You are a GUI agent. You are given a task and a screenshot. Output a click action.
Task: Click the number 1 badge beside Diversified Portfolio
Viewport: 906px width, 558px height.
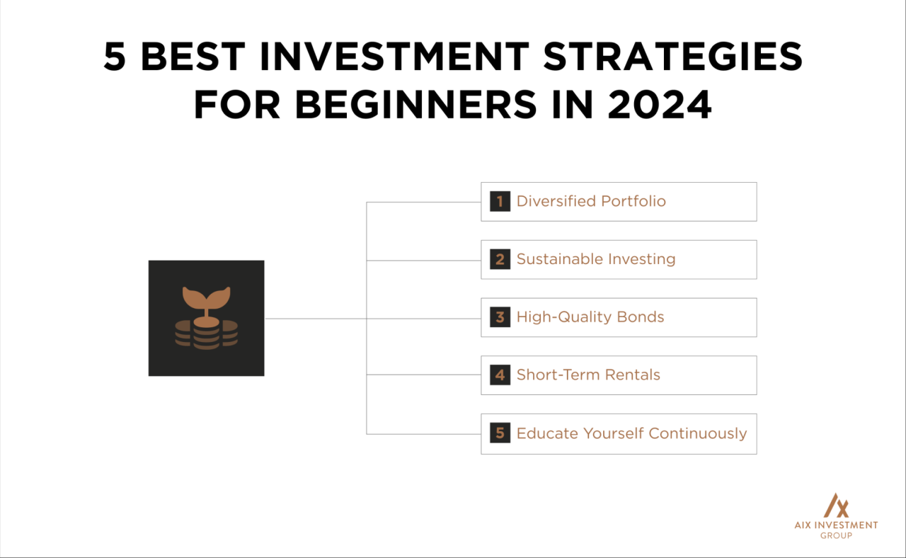[x=500, y=201]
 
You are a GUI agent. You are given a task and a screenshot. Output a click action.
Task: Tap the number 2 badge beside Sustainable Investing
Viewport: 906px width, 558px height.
[x=500, y=259]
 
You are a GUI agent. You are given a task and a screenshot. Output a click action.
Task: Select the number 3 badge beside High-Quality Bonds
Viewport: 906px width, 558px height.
[x=500, y=317]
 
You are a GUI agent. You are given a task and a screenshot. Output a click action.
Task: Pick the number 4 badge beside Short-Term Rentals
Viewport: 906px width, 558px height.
[x=500, y=375]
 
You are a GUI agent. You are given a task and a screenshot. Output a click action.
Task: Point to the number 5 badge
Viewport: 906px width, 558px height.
[x=500, y=433]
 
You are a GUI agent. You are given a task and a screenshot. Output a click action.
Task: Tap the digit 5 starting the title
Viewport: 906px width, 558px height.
[x=115, y=57]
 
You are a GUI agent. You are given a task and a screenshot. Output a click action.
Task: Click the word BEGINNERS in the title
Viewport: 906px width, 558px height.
[x=415, y=105]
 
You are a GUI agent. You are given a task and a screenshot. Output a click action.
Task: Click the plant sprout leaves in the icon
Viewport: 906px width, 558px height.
[x=206, y=297]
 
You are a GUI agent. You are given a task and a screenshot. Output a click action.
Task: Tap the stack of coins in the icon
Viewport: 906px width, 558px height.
[x=206, y=334]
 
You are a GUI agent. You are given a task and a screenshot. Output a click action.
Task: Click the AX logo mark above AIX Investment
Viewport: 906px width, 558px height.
[x=836, y=505]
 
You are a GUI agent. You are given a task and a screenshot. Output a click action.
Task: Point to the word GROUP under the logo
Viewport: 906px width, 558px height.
[x=836, y=535]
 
